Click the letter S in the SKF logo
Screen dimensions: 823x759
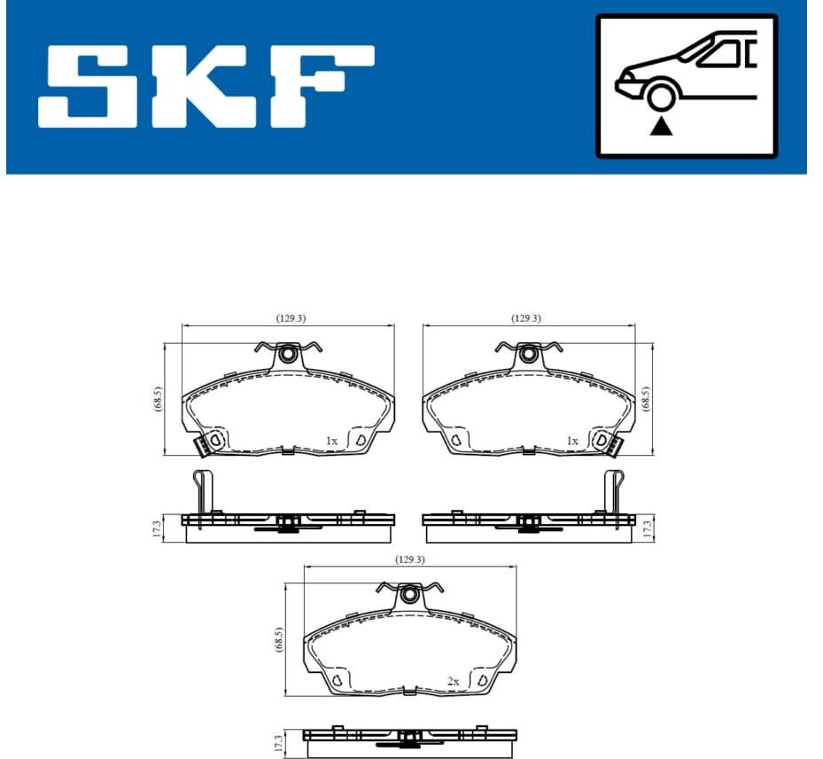point(88,87)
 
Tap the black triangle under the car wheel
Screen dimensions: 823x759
point(662,127)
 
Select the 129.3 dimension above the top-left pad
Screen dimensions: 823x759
point(291,318)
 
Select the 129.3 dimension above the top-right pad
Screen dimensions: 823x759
point(526,318)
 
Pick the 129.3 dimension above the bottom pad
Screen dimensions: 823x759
point(410,559)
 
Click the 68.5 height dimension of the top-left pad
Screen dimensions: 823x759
point(159,399)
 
